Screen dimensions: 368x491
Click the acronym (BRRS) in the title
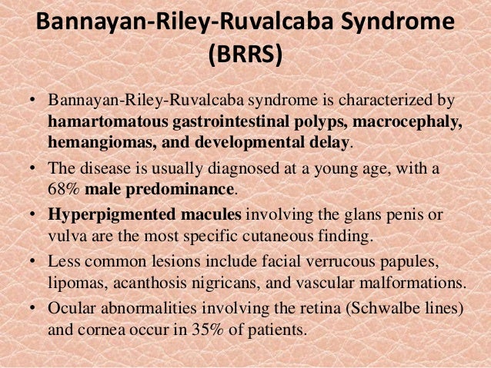245,55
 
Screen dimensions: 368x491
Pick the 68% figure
66,187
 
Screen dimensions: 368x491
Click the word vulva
67,232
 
